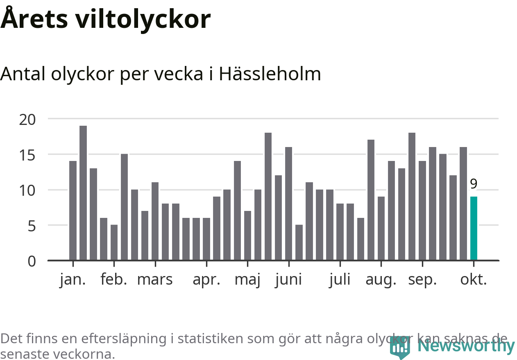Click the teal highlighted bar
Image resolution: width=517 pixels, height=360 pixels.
pos(474,228)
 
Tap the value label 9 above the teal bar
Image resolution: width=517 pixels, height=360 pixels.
pos(474,184)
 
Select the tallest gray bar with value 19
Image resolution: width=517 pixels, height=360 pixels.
pos(83,192)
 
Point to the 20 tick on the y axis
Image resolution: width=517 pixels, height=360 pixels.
pos(27,119)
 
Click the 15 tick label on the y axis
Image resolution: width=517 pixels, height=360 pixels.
pos(27,155)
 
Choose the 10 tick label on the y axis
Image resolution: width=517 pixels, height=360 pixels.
pos(27,190)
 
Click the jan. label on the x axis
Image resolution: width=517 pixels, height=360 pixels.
pos(73,280)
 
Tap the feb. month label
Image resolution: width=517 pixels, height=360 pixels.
pos(114,280)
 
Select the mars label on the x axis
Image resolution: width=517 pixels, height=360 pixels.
pos(155,280)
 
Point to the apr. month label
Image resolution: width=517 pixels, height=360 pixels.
pos(206,280)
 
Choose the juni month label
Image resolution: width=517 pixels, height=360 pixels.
pos(288,280)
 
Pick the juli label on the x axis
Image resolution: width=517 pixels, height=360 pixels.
pos(340,280)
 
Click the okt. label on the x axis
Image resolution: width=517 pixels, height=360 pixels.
pos(474,280)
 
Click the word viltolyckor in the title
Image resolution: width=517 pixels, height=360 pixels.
pos(143,19)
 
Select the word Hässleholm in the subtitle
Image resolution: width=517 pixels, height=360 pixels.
pos(270,74)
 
